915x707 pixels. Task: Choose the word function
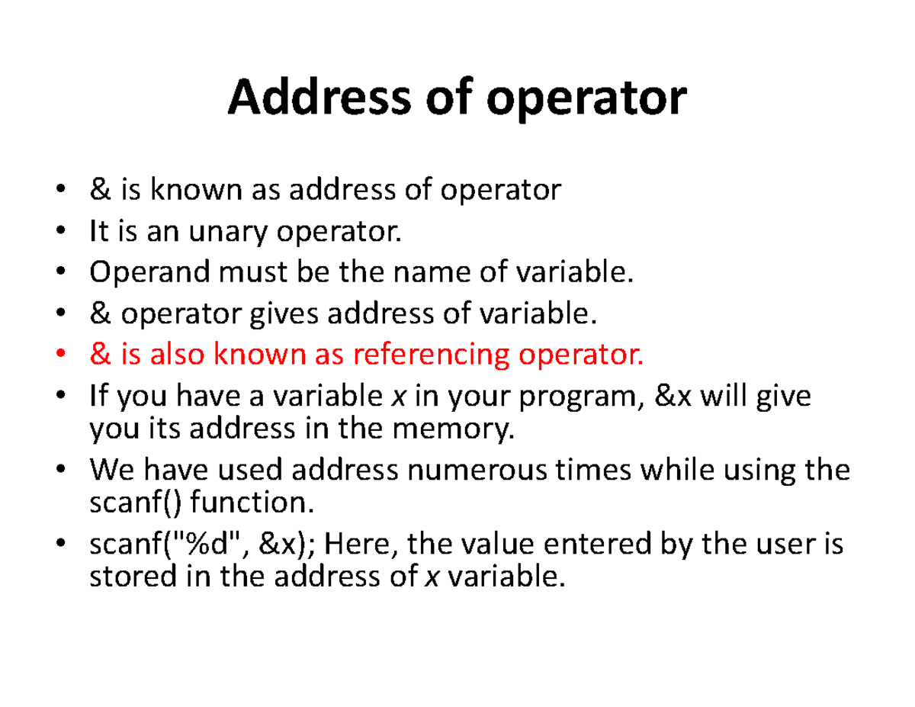249,503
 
